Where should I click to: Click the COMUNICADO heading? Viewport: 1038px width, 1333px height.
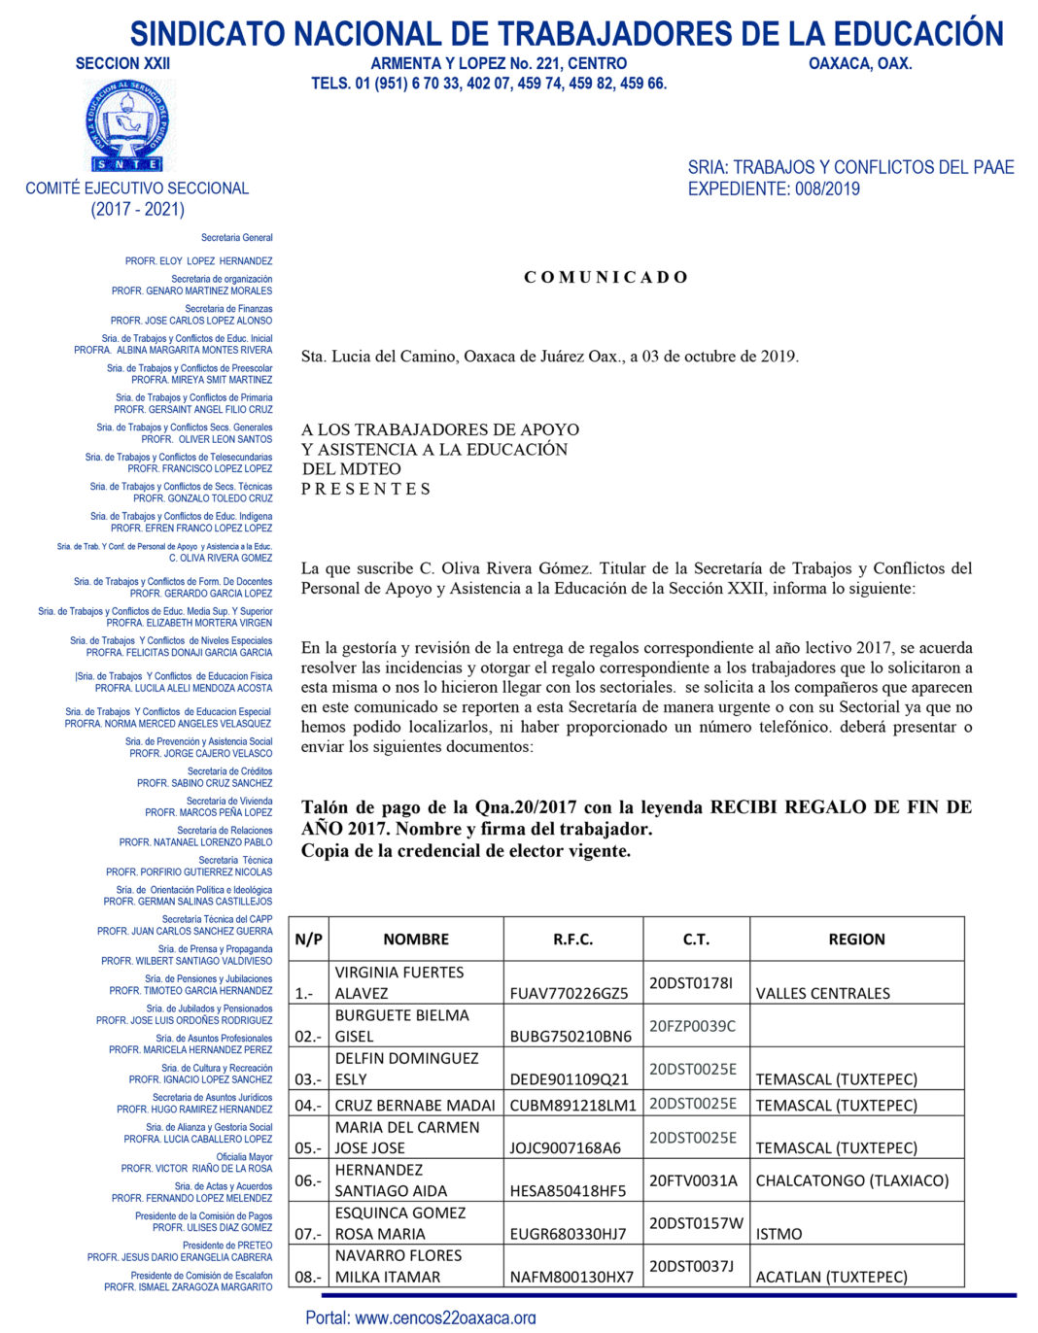[x=605, y=278]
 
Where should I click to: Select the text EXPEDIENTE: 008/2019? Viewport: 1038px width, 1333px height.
[x=774, y=189]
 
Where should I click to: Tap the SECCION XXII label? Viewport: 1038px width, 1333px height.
[x=122, y=64]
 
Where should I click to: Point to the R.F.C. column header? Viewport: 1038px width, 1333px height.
[x=572, y=940]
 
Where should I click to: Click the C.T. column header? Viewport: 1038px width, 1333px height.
[x=696, y=940]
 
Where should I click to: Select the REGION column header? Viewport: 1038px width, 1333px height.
[x=856, y=940]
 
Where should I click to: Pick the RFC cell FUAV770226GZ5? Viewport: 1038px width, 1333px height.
[x=570, y=993]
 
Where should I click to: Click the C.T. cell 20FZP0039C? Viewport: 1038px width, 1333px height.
[x=692, y=1026]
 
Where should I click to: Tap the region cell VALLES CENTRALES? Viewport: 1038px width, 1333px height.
[x=822, y=993]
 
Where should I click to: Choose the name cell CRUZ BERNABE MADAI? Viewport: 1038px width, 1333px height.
[x=415, y=1105]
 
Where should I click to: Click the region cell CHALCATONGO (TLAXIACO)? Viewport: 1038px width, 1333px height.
[x=852, y=1180]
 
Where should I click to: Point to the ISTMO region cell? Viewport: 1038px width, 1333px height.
[x=779, y=1234]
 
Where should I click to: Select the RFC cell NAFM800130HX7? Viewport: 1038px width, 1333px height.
[x=571, y=1277]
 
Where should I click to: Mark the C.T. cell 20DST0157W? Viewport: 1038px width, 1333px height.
[x=696, y=1223]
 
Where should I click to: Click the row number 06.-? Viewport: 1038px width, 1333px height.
[x=308, y=1180]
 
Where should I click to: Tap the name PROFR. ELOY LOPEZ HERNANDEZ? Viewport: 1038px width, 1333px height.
[x=198, y=261]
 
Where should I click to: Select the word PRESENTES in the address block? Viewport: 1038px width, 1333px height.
[x=365, y=489]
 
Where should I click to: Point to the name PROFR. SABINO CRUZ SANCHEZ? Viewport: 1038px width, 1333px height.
[x=204, y=783]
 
